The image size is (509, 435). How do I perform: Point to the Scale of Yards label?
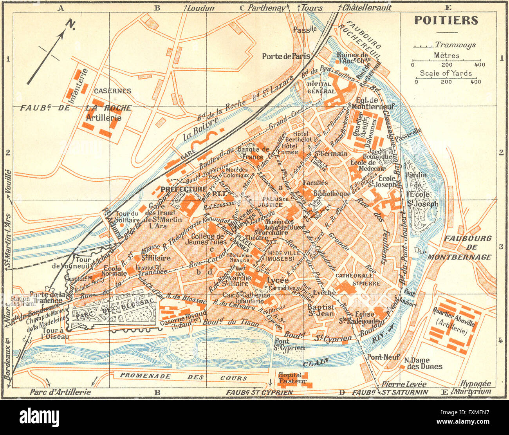coord(446,73)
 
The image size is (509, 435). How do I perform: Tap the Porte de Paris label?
coord(286,56)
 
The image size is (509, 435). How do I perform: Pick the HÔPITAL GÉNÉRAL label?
coord(321,88)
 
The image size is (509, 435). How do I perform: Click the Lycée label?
coord(278,280)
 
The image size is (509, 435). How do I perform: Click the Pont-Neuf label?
coord(383,357)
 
